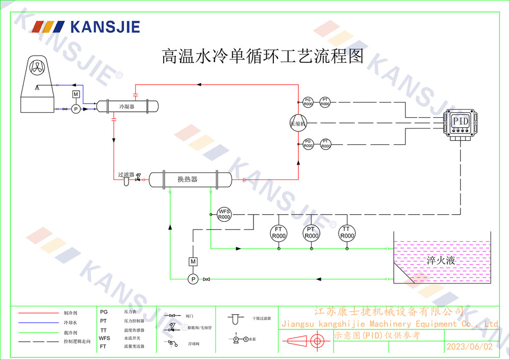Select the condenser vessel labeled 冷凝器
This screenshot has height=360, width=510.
127,107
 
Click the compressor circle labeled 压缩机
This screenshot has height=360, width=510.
297,123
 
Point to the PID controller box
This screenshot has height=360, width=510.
461,122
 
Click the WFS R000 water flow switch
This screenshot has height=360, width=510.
224,214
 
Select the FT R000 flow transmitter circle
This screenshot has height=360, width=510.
278,233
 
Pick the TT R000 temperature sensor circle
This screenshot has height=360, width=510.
347,233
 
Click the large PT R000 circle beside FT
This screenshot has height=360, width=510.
311,233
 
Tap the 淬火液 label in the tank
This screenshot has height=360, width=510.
440,261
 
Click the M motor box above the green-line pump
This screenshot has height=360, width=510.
193,262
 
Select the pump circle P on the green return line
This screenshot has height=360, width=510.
193,279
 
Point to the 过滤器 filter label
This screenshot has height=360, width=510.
125,174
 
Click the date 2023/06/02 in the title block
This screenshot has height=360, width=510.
470,347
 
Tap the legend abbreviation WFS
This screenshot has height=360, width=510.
105,338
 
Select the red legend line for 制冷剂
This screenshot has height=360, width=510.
39,313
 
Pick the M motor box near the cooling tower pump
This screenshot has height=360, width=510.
75,94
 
